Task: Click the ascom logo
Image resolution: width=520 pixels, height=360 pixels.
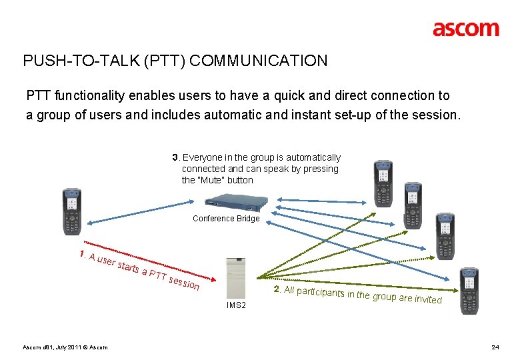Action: coord(465,29)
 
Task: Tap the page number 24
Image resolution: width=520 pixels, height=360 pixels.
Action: coord(495,347)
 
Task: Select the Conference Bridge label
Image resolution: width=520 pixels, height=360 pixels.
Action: coord(226,219)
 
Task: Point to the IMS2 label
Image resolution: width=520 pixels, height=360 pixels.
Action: coord(236,305)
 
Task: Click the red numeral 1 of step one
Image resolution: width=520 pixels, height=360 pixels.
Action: coord(81,254)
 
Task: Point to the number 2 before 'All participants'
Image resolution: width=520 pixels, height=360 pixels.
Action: coord(277,289)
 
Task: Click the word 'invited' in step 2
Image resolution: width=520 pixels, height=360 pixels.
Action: coord(428,299)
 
